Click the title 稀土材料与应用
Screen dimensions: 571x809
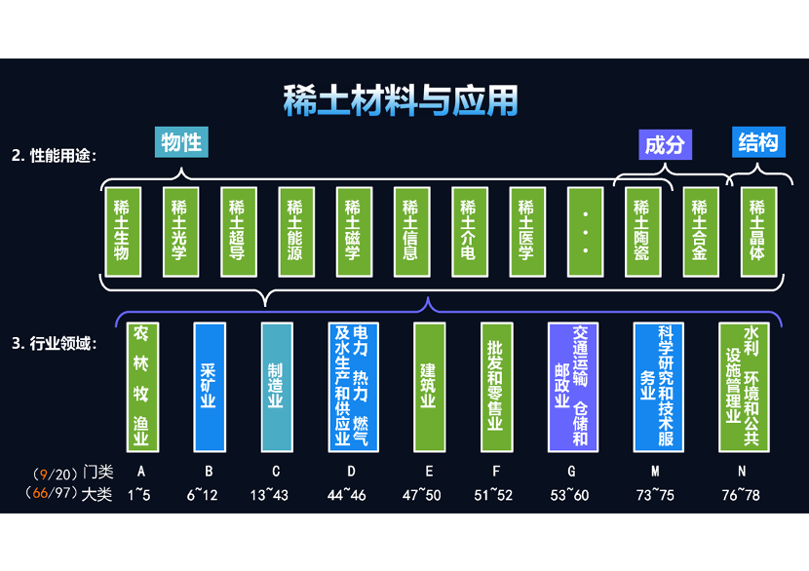click(x=401, y=100)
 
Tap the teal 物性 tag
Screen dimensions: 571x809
click(x=182, y=142)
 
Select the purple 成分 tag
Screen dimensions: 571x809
click(x=665, y=145)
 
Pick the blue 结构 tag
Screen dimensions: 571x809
click(x=758, y=143)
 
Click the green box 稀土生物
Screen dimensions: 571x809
click(x=122, y=230)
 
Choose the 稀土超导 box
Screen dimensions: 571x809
click(x=237, y=230)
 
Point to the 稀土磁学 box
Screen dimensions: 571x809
click(x=353, y=230)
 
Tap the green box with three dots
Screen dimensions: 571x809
click(x=584, y=230)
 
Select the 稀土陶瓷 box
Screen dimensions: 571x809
click(x=641, y=230)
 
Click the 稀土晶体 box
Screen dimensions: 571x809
click(x=757, y=230)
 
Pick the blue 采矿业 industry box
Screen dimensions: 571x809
click(x=209, y=386)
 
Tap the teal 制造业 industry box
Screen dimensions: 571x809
click(x=276, y=386)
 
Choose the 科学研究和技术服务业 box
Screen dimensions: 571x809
click(x=658, y=386)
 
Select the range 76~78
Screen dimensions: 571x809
click(x=742, y=495)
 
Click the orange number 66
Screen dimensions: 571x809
click(x=42, y=495)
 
